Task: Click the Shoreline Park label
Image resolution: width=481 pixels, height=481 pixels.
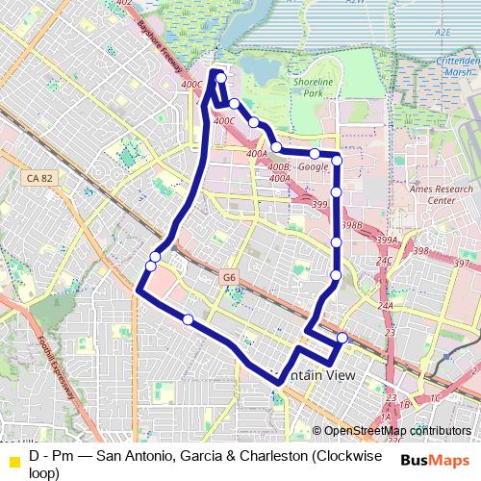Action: pyautogui.click(x=312, y=89)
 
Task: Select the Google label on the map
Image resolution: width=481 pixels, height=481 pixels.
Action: pyautogui.click(x=314, y=166)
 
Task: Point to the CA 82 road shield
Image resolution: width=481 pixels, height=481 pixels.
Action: pyautogui.click(x=38, y=178)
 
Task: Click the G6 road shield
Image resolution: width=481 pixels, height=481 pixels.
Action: pyautogui.click(x=228, y=277)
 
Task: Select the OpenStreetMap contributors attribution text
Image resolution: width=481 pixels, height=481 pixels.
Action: pyautogui.click(x=396, y=431)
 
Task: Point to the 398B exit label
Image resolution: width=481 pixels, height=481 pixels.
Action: pyautogui.click(x=351, y=224)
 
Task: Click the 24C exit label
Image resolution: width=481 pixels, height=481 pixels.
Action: pyautogui.click(x=384, y=261)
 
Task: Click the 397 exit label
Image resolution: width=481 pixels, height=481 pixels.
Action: pyautogui.click(x=462, y=264)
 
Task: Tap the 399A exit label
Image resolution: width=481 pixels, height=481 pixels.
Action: pyautogui.click(x=387, y=240)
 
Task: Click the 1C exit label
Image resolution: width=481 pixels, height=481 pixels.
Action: pyautogui.click(x=433, y=397)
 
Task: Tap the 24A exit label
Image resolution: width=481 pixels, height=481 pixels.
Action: pyautogui.click(x=386, y=306)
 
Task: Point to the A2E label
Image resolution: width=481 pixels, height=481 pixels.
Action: pyautogui.click(x=443, y=32)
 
